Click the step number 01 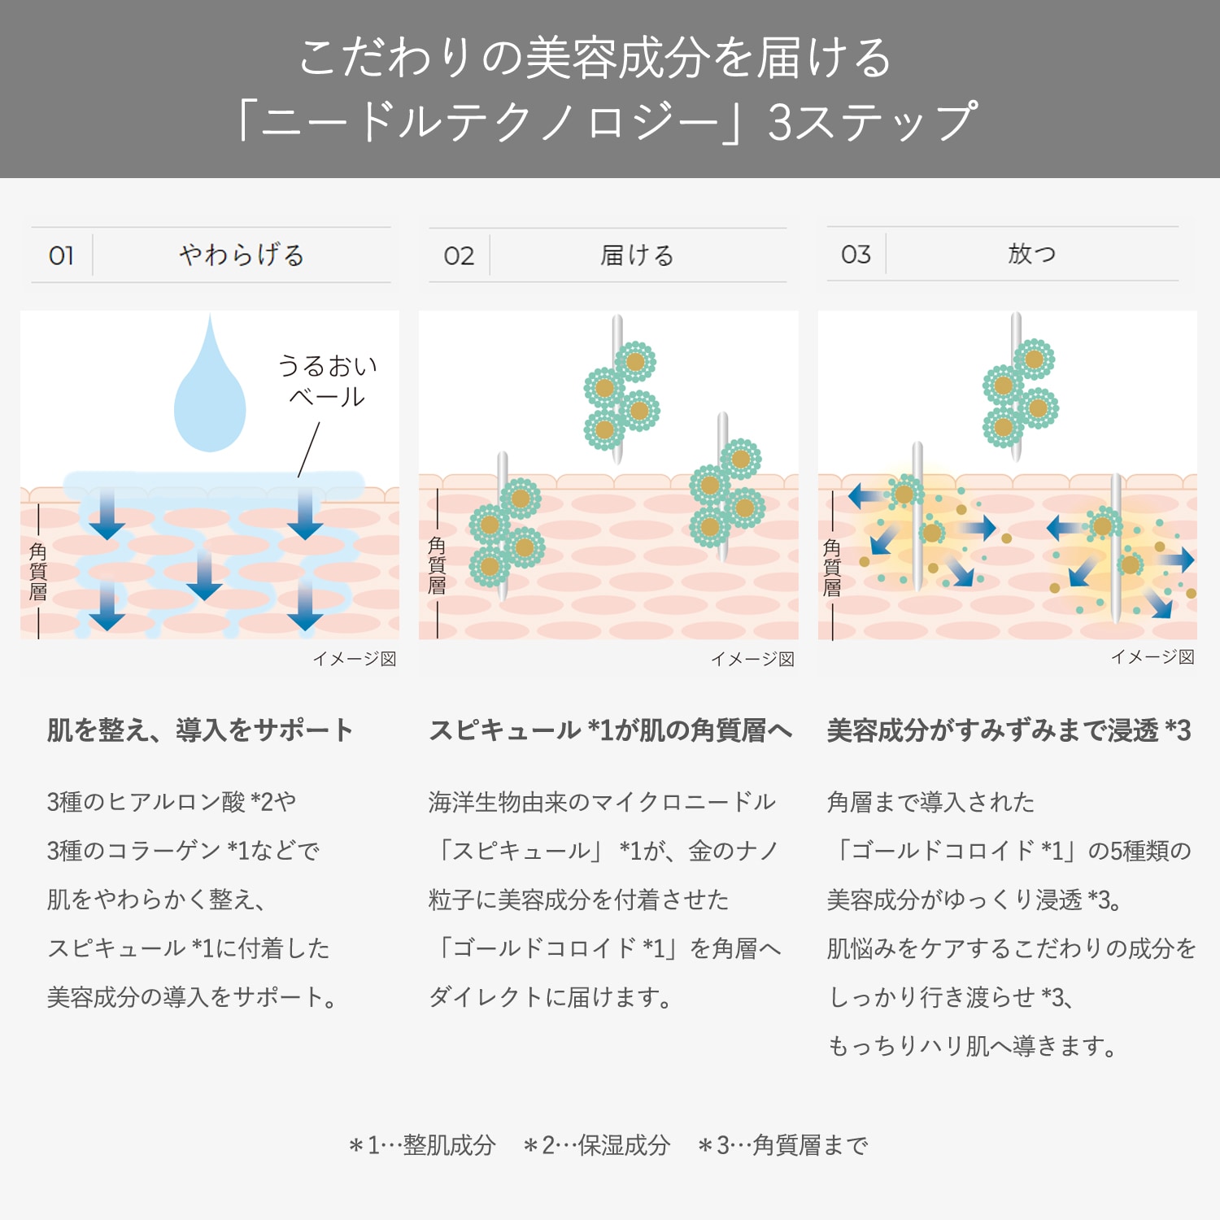click(61, 255)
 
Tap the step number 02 click(459, 256)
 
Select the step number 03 click(856, 255)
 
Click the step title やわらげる click(242, 255)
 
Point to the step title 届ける click(638, 255)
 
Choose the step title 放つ click(1032, 254)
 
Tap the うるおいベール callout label click(328, 381)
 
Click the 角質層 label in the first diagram click(38, 571)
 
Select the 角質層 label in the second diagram click(437, 565)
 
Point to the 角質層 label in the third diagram click(832, 567)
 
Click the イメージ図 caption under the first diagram click(355, 659)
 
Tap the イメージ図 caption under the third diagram click(1153, 656)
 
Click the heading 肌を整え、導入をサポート click(200, 730)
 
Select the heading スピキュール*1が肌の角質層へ click(611, 730)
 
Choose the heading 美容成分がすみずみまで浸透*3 click(1009, 730)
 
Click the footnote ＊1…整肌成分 click(422, 1145)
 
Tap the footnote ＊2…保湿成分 click(597, 1145)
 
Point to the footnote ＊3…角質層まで click(783, 1145)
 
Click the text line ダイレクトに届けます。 click(550, 996)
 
